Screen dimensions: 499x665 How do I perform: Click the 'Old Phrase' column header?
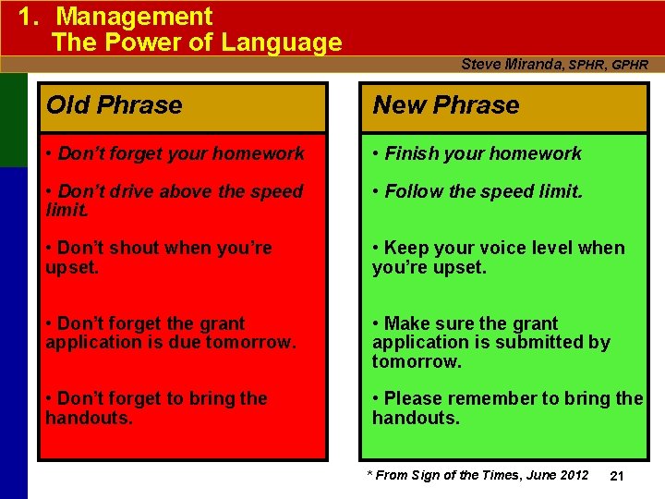[115, 105]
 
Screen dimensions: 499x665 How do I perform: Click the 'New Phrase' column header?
[446, 105]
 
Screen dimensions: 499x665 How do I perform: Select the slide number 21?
[618, 475]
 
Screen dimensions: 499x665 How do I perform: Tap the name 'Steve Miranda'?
[512, 64]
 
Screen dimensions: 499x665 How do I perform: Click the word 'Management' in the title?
[134, 17]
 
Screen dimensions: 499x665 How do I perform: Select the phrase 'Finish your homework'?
[482, 153]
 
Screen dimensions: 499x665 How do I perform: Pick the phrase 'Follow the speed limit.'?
[483, 191]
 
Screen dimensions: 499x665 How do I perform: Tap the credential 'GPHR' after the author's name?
[629, 65]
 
